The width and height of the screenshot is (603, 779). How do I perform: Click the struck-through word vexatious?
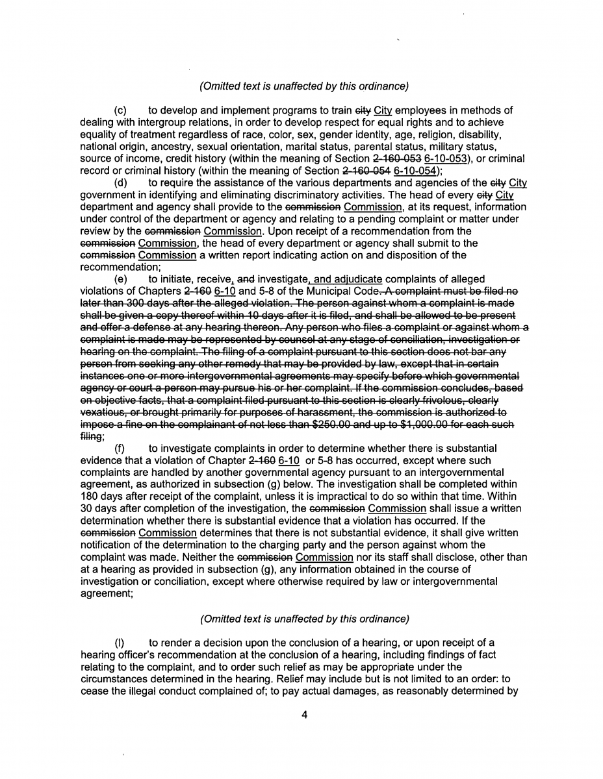tap(103, 412)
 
